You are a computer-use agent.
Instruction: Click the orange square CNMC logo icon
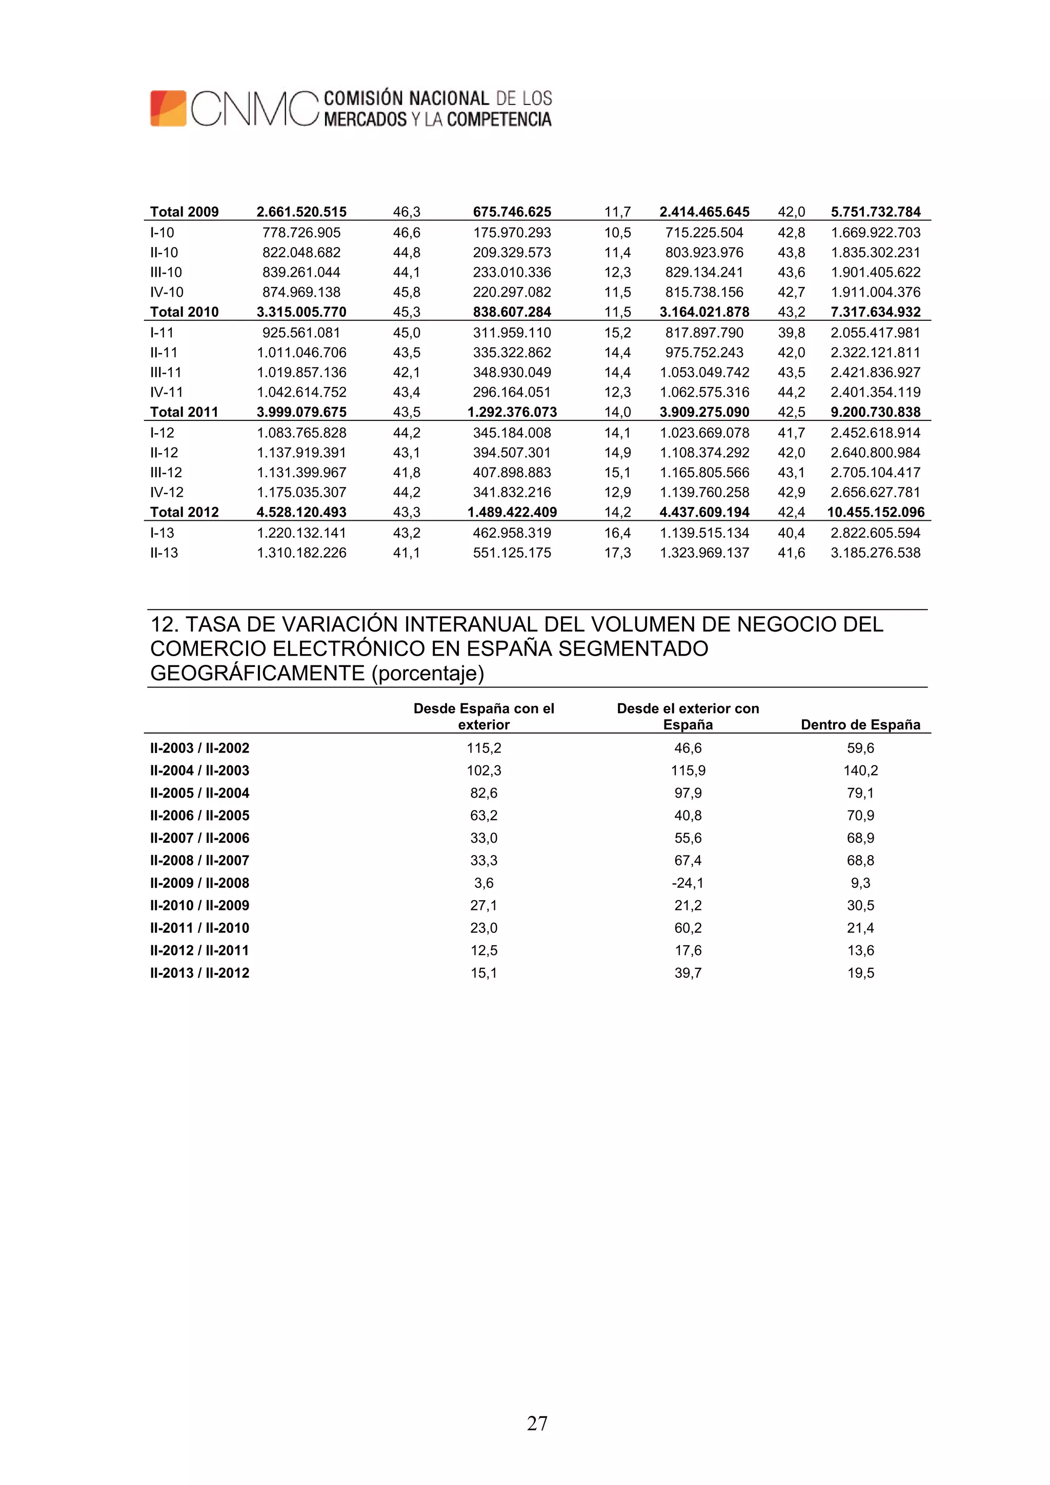pyautogui.click(x=168, y=108)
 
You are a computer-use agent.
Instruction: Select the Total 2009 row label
pyautogui.click(x=185, y=212)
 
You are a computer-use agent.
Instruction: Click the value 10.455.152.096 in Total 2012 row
pyautogui.click(x=875, y=512)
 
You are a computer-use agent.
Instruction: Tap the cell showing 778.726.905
pyautogui.click(x=301, y=232)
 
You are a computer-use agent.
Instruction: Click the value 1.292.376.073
pyautogui.click(x=512, y=412)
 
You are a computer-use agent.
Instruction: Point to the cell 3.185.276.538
pyautogui.click(x=875, y=553)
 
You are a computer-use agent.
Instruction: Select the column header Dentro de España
pyautogui.click(x=860, y=724)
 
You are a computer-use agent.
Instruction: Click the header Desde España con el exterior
pyautogui.click(x=483, y=716)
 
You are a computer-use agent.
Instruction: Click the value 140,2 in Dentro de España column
pyautogui.click(x=860, y=770)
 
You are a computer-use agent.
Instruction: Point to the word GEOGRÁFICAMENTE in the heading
pyautogui.click(x=257, y=673)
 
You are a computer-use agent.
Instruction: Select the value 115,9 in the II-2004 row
pyautogui.click(x=687, y=770)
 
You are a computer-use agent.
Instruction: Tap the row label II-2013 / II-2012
pyautogui.click(x=199, y=973)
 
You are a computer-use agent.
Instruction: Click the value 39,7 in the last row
pyautogui.click(x=687, y=973)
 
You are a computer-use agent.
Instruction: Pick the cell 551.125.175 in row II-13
pyautogui.click(x=512, y=553)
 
